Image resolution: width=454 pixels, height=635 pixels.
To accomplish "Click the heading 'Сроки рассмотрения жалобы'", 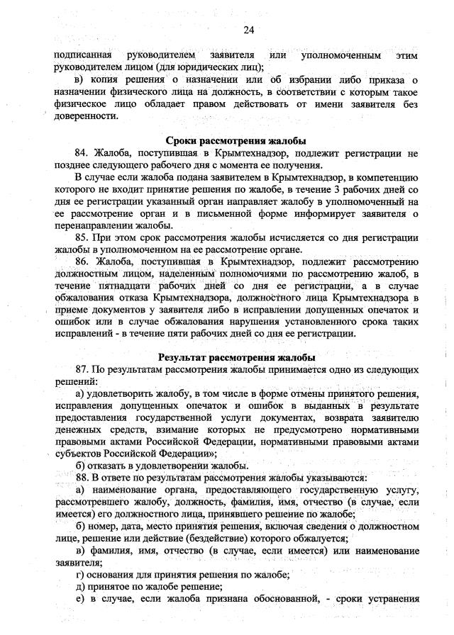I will click(x=236, y=140).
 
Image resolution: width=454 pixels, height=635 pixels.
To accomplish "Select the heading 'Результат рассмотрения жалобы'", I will click(x=237, y=357).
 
